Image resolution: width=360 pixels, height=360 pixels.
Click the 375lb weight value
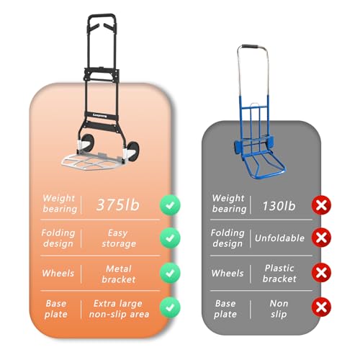117,205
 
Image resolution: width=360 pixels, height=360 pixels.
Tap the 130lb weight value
279,206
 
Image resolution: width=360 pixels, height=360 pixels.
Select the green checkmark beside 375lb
170,205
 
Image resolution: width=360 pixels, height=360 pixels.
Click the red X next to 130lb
321,205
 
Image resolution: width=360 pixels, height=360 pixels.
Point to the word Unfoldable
279,238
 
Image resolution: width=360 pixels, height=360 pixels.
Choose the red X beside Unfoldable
321,238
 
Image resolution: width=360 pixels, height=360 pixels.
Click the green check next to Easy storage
170,238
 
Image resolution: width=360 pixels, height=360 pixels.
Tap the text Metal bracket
119,274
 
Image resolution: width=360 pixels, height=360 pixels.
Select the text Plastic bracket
279,274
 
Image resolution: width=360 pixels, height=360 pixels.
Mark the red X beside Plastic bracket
321,272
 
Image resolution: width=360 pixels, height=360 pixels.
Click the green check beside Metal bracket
170,273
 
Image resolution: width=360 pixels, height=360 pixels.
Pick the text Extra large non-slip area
119,309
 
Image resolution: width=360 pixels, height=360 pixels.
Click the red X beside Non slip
321,307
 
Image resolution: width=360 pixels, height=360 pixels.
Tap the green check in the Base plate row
170,307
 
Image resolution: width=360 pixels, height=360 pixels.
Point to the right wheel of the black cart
132,151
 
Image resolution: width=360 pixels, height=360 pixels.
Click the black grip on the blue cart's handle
250,46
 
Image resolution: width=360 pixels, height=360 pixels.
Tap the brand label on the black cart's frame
99,116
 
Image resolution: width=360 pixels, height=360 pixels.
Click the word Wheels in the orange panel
58,274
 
